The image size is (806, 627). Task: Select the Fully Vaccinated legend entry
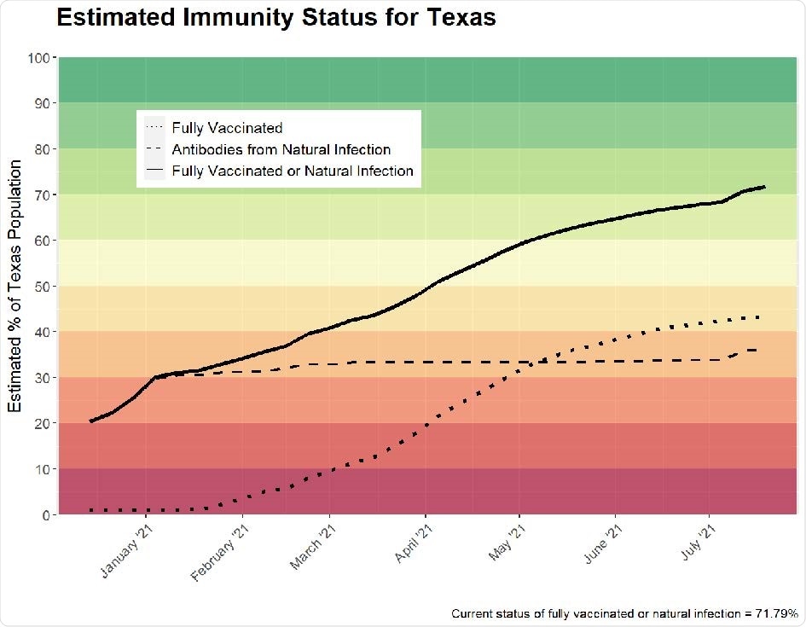[226, 128]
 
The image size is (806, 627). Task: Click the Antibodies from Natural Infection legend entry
[281, 149]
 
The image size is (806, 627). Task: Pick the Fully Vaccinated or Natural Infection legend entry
[292, 171]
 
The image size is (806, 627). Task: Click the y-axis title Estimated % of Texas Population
[16, 286]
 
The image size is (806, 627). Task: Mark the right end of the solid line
[764, 187]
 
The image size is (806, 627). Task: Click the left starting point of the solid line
[91, 421]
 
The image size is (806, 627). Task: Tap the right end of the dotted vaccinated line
[759, 317]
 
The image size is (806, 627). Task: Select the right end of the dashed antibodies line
[759, 350]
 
